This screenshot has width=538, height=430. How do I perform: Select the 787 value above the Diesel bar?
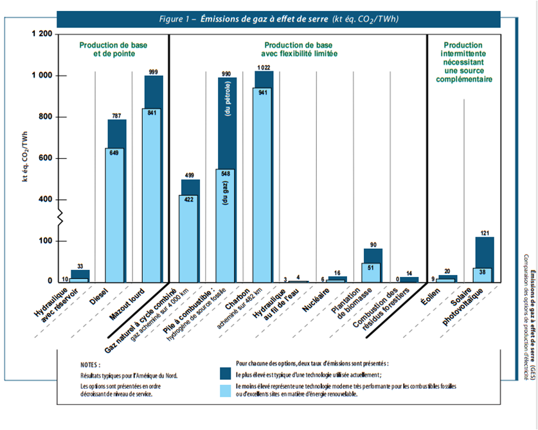pos(116,116)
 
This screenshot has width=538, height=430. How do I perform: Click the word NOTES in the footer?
pos(91,363)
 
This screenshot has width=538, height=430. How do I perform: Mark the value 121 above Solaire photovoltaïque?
pos(485,233)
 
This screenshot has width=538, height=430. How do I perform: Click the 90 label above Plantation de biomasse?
pos(373,244)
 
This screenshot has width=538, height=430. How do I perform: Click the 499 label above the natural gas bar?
pos(190,175)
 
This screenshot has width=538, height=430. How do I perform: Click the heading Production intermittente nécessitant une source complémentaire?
pos(463,62)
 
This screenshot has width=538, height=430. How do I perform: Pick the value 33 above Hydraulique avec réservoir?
pos(80,266)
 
